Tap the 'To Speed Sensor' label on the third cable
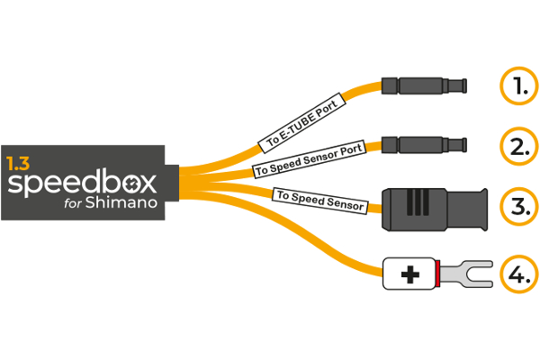coord(319,200)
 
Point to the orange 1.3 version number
coord(18,164)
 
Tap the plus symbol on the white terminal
coord(409,274)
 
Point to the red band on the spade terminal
coord(437,274)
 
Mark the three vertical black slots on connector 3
coord(416,203)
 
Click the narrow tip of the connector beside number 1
coord(461,86)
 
